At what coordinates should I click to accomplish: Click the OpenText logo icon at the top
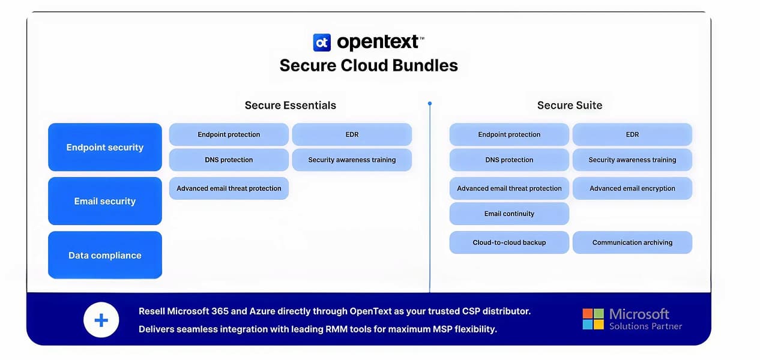tap(322, 42)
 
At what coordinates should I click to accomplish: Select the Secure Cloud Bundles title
tap(369, 65)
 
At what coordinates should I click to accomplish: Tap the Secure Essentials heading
tap(290, 106)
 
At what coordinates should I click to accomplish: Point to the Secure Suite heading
tap(569, 106)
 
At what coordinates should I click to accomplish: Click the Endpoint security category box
tap(105, 147)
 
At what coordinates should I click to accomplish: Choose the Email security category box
tap(105, 201)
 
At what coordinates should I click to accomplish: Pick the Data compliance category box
tap(105, 255)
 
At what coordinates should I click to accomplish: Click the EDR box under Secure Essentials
tap(352, 134)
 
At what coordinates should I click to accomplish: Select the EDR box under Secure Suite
tap(632, 134)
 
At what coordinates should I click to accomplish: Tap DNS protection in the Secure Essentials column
tap(229, 160)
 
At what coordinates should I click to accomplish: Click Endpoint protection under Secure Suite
tap(509, 134)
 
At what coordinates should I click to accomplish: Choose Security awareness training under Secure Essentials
tap(352, 160)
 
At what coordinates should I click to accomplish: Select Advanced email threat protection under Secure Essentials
tap(229, 188)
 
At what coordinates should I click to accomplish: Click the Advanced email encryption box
tap(632, 188)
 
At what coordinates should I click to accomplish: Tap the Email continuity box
tap(509, 214)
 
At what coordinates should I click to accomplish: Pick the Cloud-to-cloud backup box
tap(509, 242)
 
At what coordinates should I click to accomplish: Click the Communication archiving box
tap(632, 242)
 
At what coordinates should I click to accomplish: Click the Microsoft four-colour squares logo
tap(593, 319)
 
